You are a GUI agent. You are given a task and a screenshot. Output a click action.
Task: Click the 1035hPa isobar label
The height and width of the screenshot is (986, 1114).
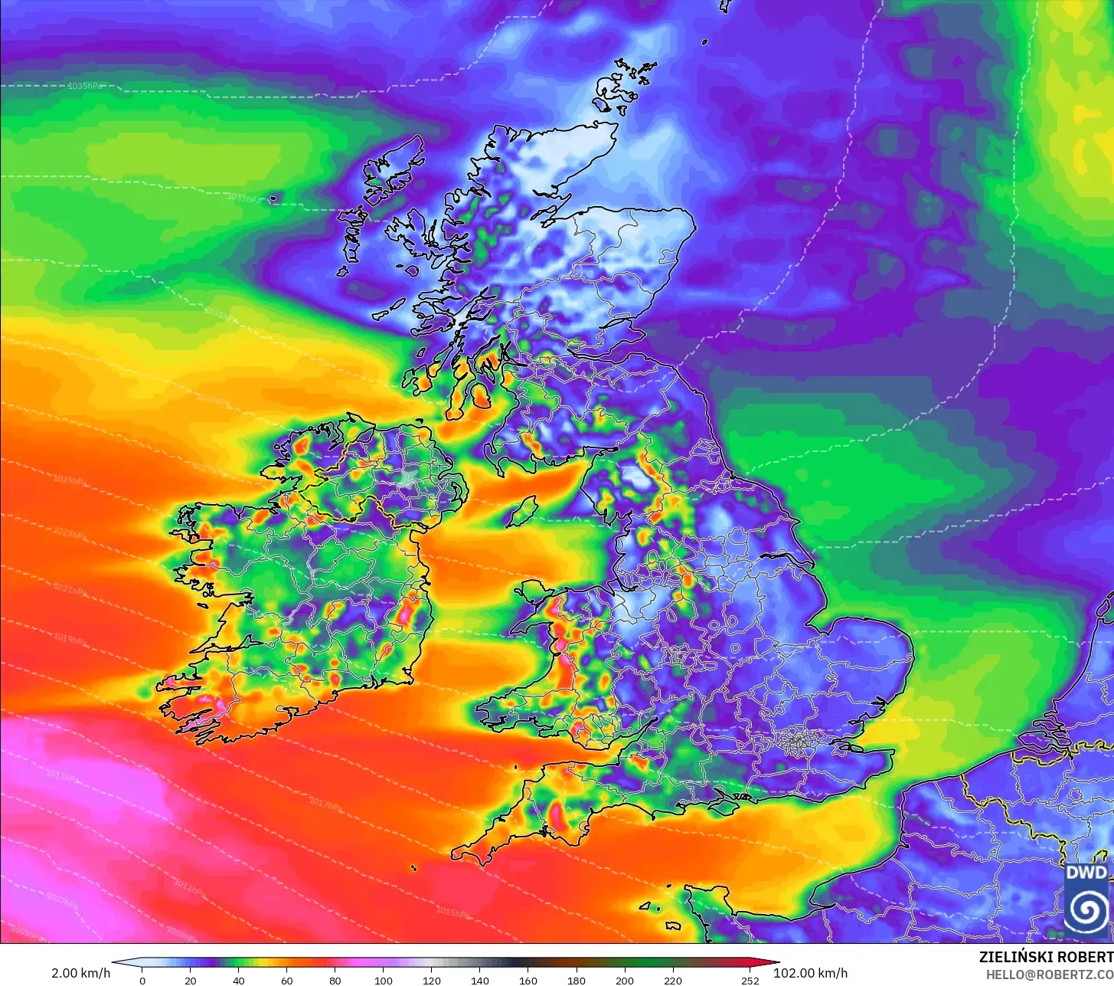[x=85, y=86]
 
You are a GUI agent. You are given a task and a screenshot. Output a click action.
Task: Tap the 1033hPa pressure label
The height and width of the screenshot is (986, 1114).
[x=243, y=198]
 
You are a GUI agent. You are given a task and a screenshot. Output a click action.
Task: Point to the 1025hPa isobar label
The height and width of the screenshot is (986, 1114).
[x=70, y=480]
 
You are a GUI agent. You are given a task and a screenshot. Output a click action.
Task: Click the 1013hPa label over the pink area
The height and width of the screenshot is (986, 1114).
[x=64, y=775]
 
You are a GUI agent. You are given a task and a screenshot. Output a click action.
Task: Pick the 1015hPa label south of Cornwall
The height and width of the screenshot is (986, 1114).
[x=452, y=912]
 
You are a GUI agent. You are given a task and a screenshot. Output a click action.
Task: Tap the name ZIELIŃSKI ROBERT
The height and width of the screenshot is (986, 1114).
[x=1046, y=957]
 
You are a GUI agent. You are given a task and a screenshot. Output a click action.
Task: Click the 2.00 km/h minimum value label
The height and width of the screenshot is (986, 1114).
[x=80, y=973]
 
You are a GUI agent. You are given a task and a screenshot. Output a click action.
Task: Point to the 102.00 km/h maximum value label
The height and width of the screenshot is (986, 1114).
[x=810, y=973]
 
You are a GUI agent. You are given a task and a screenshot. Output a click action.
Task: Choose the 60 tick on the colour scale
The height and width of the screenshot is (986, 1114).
[x=287, y=981]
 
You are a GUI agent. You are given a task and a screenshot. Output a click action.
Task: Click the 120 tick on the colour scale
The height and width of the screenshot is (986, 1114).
[x=432, y=981]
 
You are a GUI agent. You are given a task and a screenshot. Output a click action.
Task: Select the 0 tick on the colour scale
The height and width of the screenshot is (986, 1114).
[x=142, y=981]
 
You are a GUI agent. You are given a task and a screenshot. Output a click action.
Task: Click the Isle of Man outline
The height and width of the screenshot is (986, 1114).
[x=523, y=511]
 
